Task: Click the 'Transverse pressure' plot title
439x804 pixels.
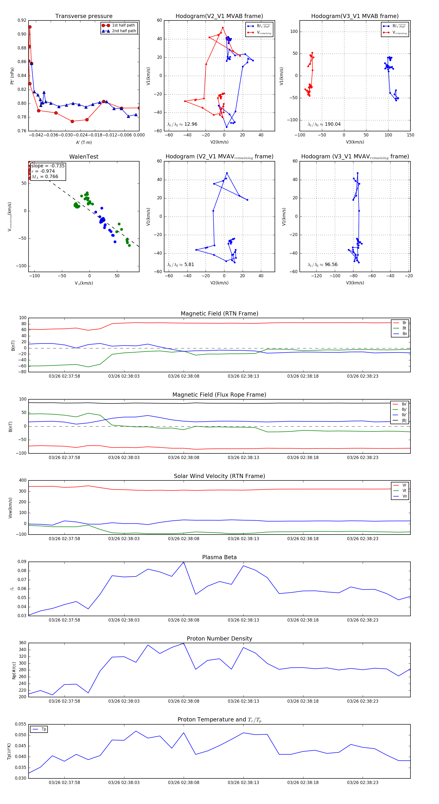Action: [84, 16]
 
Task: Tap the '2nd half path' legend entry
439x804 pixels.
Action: [124, 31]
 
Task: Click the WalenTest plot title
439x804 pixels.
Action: [84, 157]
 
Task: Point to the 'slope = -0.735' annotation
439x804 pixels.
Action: [48, 166]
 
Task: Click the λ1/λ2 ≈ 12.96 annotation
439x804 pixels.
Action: [182, 124]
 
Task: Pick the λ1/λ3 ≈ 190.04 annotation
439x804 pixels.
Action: [324, 124]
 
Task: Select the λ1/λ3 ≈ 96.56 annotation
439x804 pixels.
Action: [322, 265]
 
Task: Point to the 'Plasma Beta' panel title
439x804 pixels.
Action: [219, 557]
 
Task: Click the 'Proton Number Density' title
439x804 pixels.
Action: [219, 639]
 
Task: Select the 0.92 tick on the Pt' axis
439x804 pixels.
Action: [22, 20]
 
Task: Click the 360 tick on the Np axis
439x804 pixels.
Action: [22, 643]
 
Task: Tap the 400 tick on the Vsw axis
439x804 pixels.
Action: [22, 480]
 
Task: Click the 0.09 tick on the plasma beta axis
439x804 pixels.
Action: [22, 562]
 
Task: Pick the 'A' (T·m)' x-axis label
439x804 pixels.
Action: [84, 143]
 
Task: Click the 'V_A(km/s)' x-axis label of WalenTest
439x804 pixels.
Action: [84, 283]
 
